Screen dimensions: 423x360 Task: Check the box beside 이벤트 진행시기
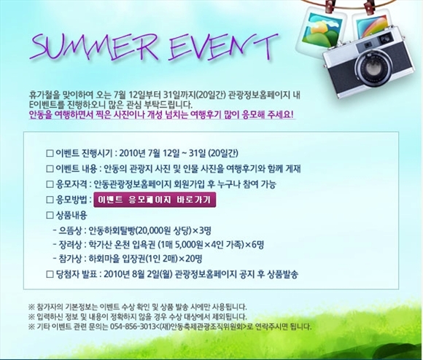click(x=50, y=153)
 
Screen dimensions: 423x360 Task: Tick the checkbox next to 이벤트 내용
click(x=50, y=169)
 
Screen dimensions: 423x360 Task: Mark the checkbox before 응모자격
click(x=50, y=184)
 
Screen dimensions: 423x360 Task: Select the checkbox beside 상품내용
click(x=50, y=215)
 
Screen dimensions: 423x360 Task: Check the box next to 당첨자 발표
click(x=50, y=274)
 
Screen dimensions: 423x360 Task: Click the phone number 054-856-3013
click(x=133, y=327)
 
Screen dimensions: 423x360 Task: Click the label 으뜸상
click(x=70, y=231)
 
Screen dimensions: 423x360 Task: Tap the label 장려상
click(x=70, y=245)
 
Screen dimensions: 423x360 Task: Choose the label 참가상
click(x=70, y=259)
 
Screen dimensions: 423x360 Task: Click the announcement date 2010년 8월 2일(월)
click(x=138, y=274)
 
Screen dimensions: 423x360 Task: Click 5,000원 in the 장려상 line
click(x=190, y=245)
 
